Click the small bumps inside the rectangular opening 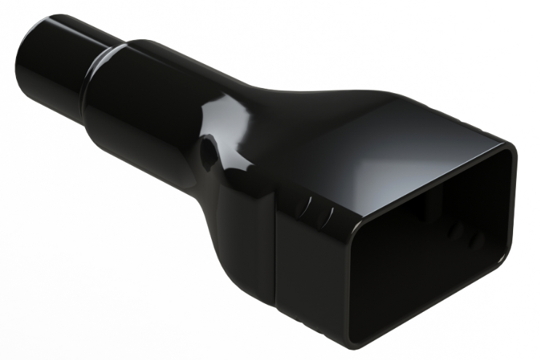pyautogui.click(x=466, y=236)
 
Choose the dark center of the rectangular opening pyautogui.click(x=429, y=269)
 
